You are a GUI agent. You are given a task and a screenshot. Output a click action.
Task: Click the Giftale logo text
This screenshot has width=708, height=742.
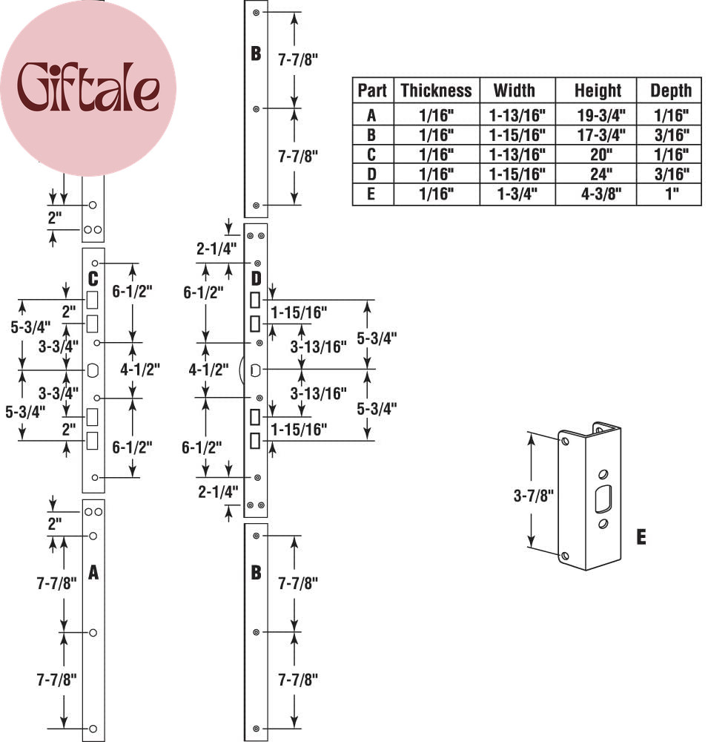point(88,88)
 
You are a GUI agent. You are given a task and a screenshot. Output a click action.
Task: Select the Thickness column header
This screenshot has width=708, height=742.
point(436,91)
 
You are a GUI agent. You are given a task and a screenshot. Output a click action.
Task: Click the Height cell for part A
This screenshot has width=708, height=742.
point(601,115)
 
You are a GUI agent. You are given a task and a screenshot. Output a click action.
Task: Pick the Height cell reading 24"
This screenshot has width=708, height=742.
point(601,174)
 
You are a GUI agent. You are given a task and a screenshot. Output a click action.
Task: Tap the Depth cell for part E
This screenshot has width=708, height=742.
point(672,194)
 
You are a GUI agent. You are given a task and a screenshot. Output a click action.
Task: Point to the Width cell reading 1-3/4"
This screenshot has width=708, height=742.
point(517,194)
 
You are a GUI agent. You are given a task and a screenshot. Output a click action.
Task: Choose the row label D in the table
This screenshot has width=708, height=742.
point(371,174)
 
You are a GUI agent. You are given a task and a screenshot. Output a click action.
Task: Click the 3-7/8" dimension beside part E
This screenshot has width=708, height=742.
point(534,496)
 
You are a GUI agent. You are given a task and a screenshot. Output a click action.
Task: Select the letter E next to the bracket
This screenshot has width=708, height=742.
point(641,537)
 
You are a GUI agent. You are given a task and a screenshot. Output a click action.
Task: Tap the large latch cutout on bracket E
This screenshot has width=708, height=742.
point(603,499)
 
